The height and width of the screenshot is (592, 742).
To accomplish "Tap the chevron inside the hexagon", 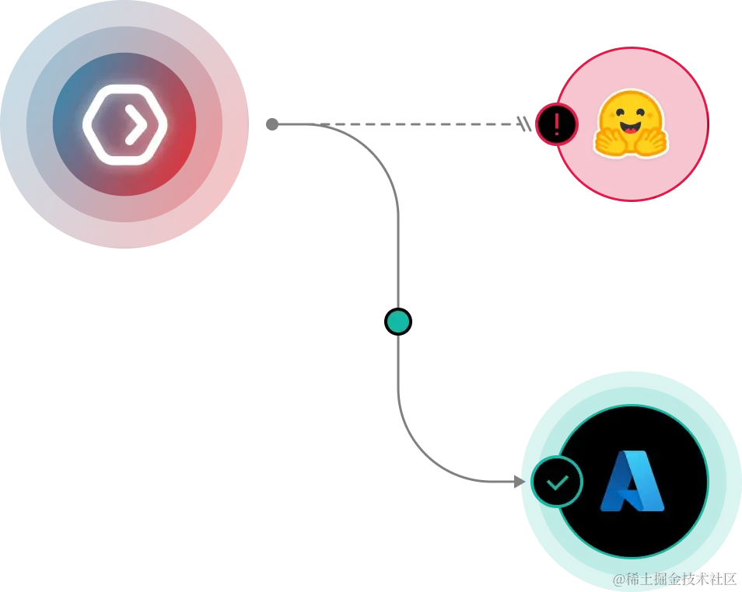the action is click(x=135, y=124).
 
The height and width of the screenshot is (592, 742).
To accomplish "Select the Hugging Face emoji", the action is click(x=631, y=124).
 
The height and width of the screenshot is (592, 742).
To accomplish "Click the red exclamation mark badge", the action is click(x=556, y=124).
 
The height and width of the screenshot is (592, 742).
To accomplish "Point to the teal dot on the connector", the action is click(x=398, y=322).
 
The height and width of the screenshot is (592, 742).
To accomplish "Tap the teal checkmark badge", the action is click(x=557, y=482).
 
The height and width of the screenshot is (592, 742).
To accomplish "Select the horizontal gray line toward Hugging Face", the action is click(x=451, y=124).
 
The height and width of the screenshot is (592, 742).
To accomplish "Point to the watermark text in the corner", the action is click(x=673, y=578).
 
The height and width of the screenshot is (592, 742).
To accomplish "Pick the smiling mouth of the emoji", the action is click(x=631, y=127).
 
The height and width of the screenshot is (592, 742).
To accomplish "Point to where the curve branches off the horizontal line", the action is click(x=342, y=129).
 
